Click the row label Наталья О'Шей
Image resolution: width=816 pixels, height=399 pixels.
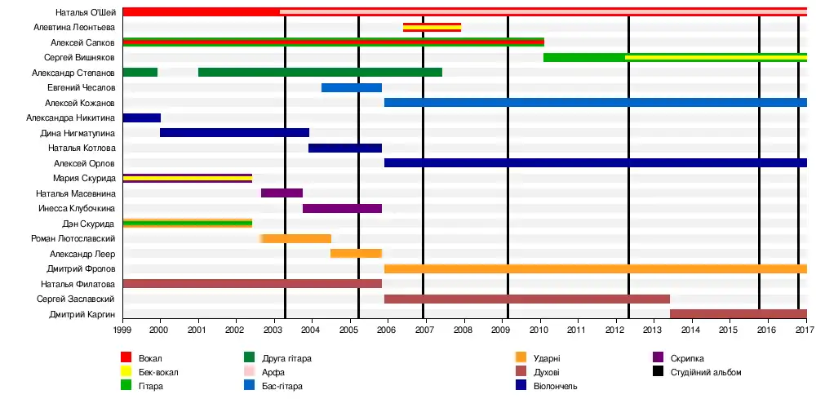tap(86, 12)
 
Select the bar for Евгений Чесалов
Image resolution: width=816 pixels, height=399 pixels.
tap(352, 87)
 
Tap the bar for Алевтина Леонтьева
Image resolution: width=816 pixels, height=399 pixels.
tap(432, 27)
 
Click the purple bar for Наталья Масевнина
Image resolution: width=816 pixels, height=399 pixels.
tap(282, 193)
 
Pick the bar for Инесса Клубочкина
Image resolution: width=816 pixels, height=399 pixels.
tap(342, 208)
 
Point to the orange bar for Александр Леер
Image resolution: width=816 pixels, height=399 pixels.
tap(356, 254)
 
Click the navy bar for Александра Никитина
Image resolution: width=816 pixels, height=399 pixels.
tap(141, 117)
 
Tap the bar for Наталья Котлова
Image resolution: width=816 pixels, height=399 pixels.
tap(345, 148)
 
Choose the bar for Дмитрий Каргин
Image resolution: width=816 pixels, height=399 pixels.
tap(738, 314)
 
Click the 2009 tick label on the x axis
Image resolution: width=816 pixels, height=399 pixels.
tap(500, 330)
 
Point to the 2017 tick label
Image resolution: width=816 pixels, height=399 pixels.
tap(804, 330)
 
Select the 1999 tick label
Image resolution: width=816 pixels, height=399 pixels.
tap(122, 330)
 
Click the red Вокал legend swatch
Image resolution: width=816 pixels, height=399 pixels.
tap(126, 358)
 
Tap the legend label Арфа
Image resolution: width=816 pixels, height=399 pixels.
tap(273, 372)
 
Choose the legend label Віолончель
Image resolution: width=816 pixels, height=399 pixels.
tap(556, 386)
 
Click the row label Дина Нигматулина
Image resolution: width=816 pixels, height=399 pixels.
tap(78, 133)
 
